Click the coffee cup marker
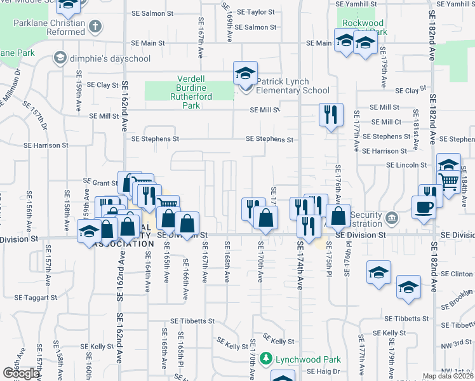coord(424,206)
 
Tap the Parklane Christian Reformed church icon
coord(95,27)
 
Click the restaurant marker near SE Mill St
coord(330,115)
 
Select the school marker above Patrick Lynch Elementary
coord(245,73)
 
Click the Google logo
coord(20,373)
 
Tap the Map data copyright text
coord(448,376)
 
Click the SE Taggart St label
coord(37,297)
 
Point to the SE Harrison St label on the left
coord(46,145)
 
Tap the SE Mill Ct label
coord(386,122)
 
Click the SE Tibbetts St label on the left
coord(192,321)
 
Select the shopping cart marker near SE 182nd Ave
coord(448,182)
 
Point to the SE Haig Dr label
coord(324,370)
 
